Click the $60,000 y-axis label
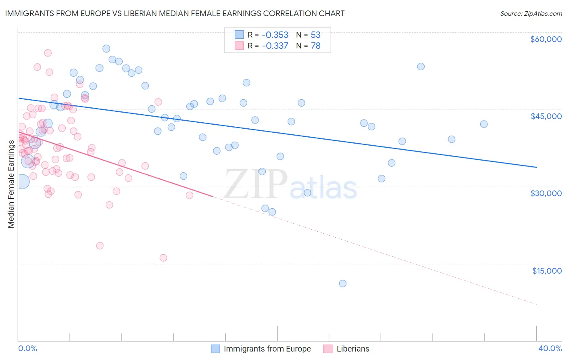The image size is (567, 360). coord(546,39)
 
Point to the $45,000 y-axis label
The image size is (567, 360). coord(546,116)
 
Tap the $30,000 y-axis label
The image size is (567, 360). coord(546,193)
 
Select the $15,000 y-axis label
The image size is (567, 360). coord(546,271)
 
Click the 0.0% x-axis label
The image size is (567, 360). coord(27,348)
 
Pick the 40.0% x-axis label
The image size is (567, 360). coord(550,348)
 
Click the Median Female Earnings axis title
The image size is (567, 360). coord(11,184)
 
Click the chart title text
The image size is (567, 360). coord(175,13)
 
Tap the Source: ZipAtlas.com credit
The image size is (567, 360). coord(531,14)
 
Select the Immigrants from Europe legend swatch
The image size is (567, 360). coord(216,349)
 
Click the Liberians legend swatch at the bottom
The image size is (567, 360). coord(328,349)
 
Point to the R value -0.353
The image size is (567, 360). coord(275,35)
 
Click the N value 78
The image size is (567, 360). coord(315,46)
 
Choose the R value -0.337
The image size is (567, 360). coord(275,46)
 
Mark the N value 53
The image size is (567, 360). coord(315,35)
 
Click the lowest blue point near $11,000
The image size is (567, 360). coord(343,283)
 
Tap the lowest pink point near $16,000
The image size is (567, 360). coord(163,258)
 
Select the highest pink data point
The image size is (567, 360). coord(48,53)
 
